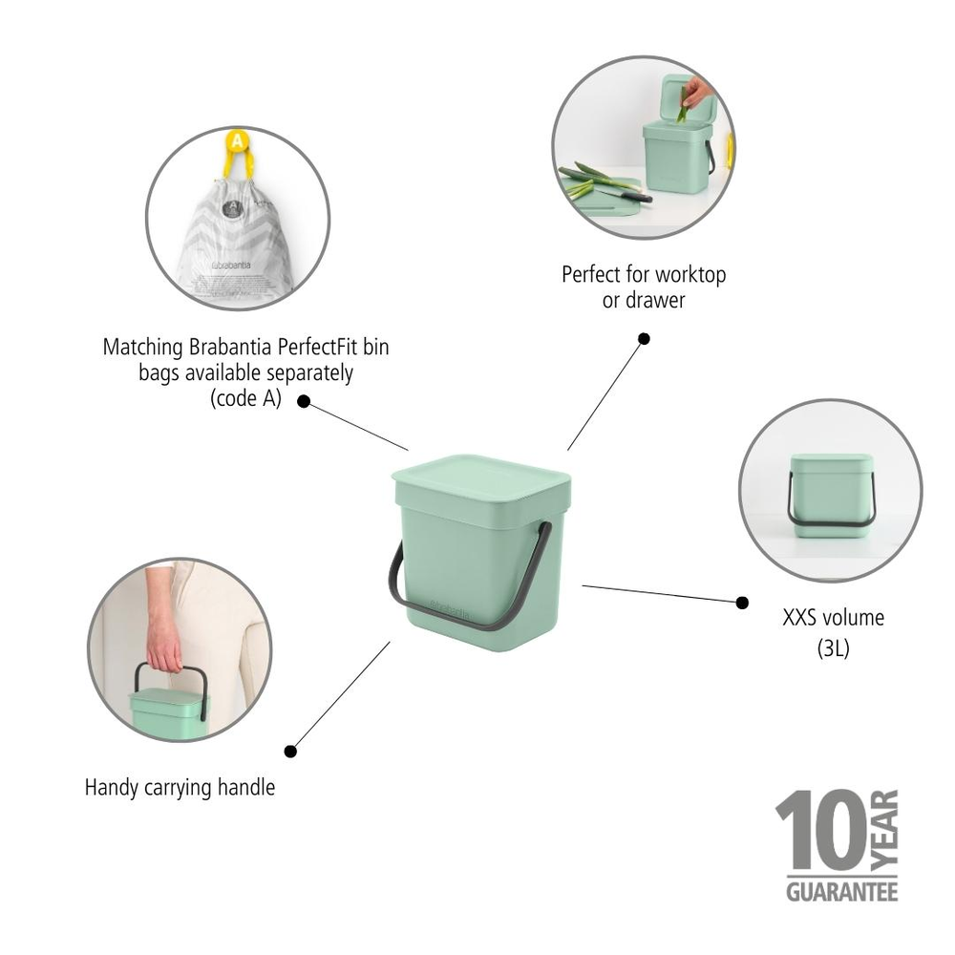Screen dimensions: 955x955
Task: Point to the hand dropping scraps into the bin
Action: (x=698, y=93)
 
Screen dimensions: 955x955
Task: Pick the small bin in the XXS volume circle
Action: (x=831, y=497)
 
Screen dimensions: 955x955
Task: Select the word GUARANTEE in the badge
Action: (x=841, y=891)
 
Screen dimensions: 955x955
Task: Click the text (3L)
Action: (x=833, y=648)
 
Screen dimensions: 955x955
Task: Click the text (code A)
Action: (x=245, y=398)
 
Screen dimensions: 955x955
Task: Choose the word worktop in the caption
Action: (x=690, y=275)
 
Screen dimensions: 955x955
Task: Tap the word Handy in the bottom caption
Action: (x=111, y=788)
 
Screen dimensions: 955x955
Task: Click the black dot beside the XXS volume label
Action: (x=742, y=602)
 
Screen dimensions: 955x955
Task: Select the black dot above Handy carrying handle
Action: (x=290, y=751)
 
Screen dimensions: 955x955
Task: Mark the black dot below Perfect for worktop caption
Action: (x=644, y=338)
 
